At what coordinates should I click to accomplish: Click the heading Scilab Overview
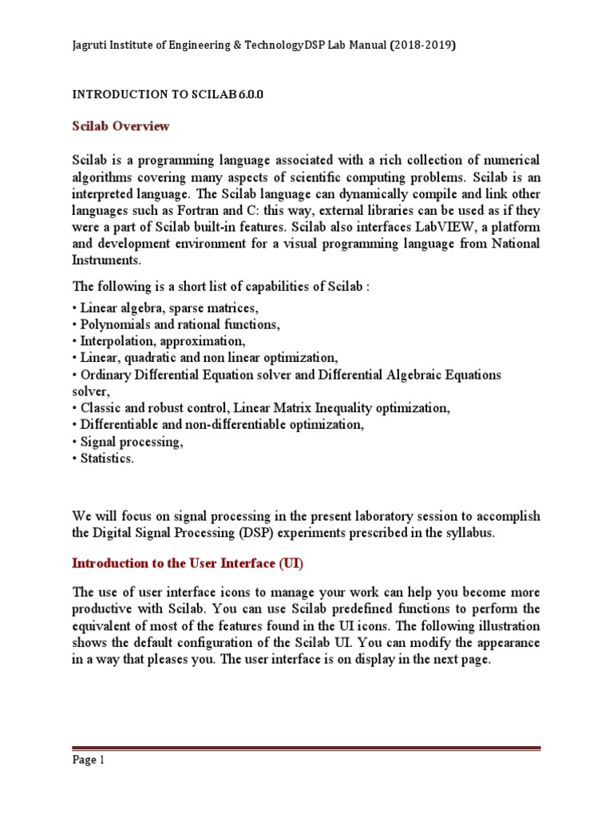(121, 126)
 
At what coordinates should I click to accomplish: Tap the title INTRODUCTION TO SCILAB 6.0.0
(168, 93)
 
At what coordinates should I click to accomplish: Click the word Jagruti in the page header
(93, 46)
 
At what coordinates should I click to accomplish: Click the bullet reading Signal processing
(130, 441)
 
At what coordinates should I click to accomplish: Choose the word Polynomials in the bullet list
(113, 324)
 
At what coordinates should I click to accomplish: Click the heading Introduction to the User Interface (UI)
(188, 563)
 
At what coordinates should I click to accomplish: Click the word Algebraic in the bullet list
(407, 375)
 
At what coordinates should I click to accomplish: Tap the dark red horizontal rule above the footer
(306, 749)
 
